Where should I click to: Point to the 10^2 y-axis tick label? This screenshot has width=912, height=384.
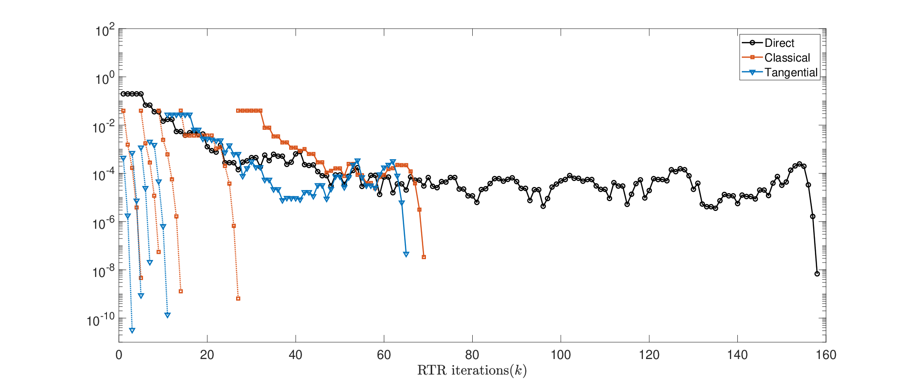coord(105,31)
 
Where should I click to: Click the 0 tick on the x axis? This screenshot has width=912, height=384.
coord(119,355)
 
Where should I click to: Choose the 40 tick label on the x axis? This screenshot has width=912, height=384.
coord(295,355)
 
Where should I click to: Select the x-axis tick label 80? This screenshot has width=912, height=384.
coord(472,355)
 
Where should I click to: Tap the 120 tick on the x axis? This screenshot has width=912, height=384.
coord(649,355)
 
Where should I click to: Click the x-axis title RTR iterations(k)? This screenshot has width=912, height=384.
coord(472,371)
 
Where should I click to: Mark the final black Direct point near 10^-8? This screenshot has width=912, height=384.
coord(817,274)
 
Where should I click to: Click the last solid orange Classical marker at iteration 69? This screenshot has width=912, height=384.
coord(424,257)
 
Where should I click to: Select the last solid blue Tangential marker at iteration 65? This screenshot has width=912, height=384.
coord(406,254)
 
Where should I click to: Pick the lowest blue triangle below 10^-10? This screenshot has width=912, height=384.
coord(132,330)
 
